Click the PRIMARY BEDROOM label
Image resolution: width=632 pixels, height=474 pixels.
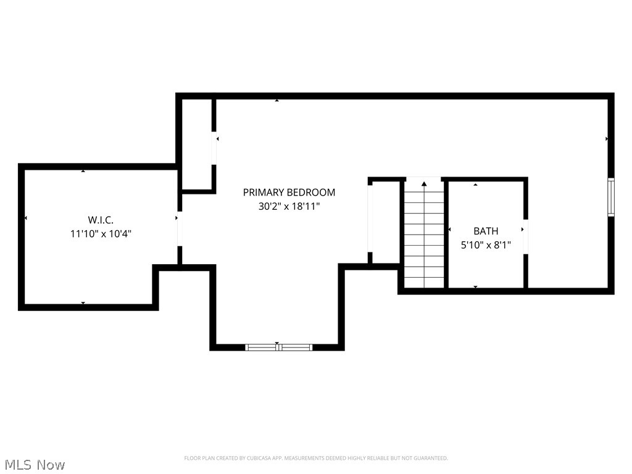[x=289, y=192]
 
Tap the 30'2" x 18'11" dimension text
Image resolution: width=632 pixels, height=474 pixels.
[x=289, y=207]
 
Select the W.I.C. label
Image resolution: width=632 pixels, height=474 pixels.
[x=101, y=219]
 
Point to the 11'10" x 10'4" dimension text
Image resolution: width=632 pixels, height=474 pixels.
[x=101, y=234]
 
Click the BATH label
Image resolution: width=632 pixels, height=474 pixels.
[x=486, y=231]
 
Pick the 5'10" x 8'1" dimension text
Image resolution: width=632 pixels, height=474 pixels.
[x=486, y=245]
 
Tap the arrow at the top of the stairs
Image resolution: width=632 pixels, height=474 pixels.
[x=424, y=183]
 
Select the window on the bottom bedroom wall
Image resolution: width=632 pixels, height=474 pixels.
[x=279, y=347]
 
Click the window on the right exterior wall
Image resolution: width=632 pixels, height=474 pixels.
[x=611, y=197]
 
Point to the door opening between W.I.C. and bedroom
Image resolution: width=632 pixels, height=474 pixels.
[x=180, y=228]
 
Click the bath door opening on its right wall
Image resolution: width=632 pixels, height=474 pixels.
[x=526, y=236]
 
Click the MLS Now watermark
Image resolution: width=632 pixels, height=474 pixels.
[x=35, y=464]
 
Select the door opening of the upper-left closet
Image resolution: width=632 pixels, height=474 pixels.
[x=214, y=149]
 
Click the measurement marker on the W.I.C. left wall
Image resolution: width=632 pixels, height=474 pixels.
[x=26, y=218]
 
